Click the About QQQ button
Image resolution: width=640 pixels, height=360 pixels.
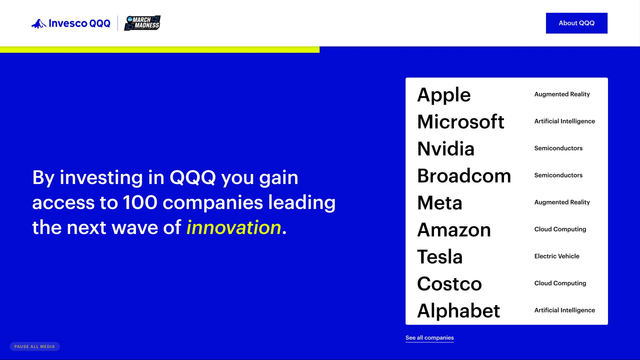point(577,23)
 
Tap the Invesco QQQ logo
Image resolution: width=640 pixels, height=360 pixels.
point(71,23)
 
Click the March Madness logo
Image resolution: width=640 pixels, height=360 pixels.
point(142,23)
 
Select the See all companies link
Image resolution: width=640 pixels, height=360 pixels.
point(430,338)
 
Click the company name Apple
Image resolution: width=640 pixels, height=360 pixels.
point(444,95)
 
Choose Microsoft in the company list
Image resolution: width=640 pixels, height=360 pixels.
point(461,122)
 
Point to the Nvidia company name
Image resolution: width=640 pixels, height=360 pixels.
point(446,149)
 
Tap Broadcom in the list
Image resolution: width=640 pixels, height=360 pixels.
point(464,176)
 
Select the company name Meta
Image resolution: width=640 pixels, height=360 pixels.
point(440,203)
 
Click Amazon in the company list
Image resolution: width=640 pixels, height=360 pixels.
point(454,230)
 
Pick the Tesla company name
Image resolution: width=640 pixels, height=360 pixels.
point(440,257)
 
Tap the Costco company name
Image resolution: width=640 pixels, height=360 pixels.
point(449,284)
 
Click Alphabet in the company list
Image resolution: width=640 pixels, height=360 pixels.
point(459,311)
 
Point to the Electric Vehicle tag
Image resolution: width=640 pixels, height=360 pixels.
point(557,256)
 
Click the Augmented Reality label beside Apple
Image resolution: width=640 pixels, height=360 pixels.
point(562,94)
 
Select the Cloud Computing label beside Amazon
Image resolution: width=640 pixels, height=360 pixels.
point(560,229)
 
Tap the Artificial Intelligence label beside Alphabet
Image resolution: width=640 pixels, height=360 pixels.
point(565,310)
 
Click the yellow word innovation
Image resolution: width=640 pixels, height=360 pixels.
point(234,227)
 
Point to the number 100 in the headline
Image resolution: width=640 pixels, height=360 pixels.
point(140,202)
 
